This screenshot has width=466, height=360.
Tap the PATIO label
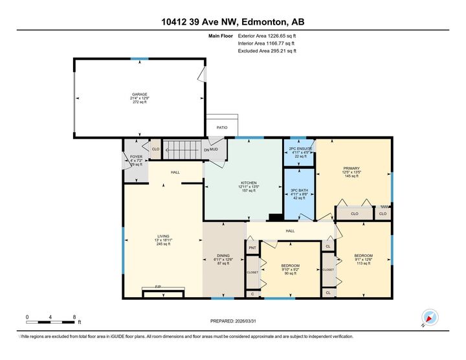222,128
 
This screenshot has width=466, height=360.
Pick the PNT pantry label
252,247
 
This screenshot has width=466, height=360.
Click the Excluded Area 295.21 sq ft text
266,51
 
